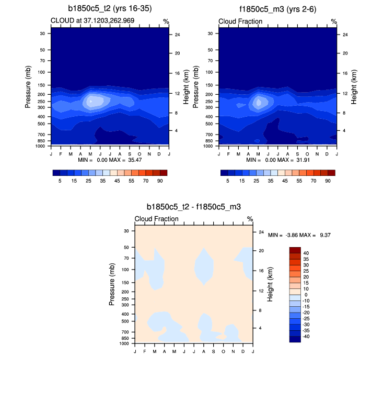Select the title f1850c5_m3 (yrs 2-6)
pyautogui.click(x=277, y=9)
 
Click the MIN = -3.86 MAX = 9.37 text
pyautogui.click(x=299, y=236)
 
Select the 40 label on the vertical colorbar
pyautogui.click(x=306, y=253)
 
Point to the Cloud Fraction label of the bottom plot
pyautogui.click(x=157, y=219)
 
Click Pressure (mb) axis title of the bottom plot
pyautogui.click(x=112, y=285)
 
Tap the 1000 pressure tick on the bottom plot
pyautogui.click(x=124, y=344)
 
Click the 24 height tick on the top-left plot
pyautogui.click(x=177, y=35)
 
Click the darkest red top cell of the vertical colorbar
pyautogui.click(x=295, y=250)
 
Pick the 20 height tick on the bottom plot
pyautogui.click(x=261, y=251)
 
